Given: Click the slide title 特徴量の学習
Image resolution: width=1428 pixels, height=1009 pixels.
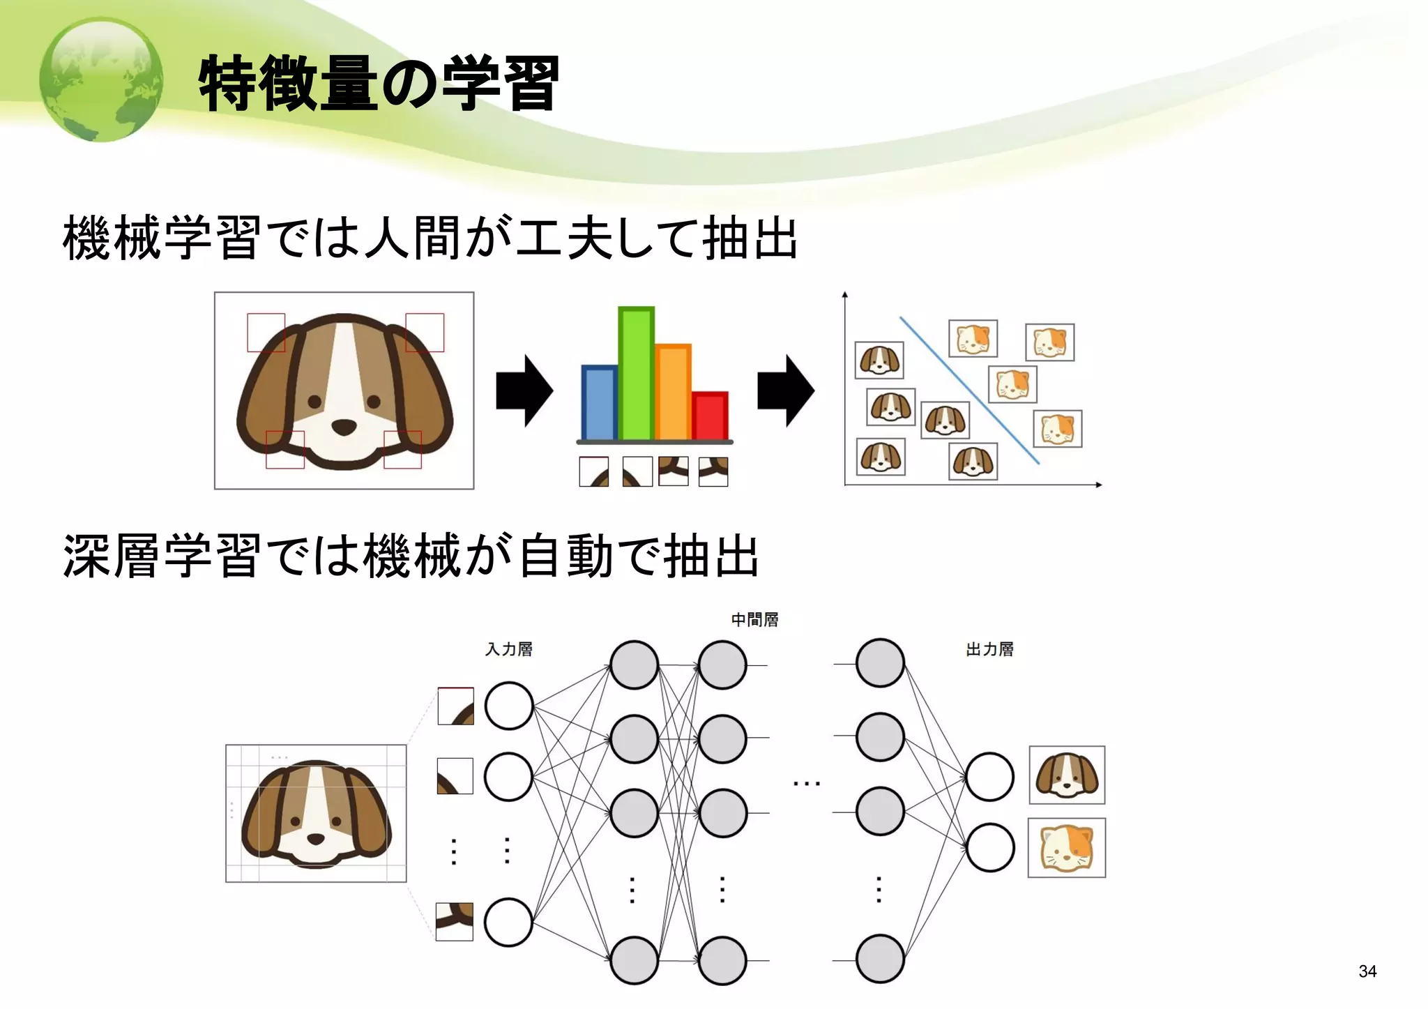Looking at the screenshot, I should (379, 84).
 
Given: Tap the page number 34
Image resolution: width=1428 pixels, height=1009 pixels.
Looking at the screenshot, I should (1367, 971).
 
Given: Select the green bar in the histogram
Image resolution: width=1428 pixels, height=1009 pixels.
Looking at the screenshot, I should (636, 374).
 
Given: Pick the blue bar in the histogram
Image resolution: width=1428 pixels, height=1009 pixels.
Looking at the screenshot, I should (599, 403).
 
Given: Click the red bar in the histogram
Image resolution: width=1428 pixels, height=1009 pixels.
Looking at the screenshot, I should (711, 416).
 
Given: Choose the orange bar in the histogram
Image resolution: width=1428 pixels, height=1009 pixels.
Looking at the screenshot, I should (673, 393).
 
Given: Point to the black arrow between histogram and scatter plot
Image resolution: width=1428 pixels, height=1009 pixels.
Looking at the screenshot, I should (786, 390).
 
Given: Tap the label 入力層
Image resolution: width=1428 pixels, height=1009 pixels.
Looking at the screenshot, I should (509, 649).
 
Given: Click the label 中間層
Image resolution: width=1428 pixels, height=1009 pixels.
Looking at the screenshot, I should (754, 620).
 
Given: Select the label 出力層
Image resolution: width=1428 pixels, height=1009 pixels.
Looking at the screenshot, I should (989, 649).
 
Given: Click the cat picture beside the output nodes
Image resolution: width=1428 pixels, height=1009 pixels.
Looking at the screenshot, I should (1067, 848).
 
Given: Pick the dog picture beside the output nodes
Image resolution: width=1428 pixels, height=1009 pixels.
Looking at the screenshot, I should (1067, 775).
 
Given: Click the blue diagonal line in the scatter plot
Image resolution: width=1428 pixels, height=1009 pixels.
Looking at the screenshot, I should (969, 390).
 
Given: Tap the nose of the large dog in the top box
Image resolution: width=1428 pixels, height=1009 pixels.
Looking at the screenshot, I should (343, 427).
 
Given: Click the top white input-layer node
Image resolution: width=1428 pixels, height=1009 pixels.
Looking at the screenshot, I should (509, 706).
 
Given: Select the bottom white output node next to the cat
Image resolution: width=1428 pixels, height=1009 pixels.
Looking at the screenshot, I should (989, 848).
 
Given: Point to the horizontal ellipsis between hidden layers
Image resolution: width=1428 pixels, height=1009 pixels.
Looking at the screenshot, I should (807, 784).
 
